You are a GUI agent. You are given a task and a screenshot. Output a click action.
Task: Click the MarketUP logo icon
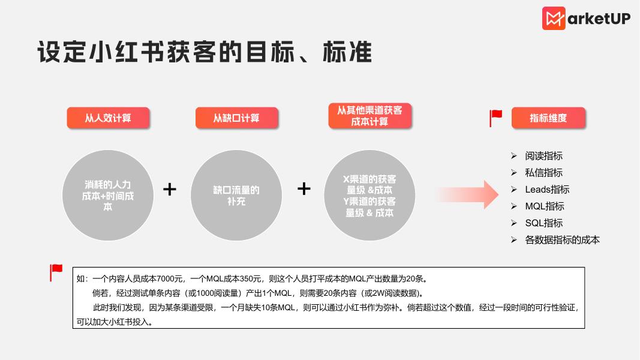[554, 19]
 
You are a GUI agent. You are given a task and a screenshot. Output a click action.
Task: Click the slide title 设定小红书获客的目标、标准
[205, 52]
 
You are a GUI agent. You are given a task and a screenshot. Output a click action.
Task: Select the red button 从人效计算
[108, 118]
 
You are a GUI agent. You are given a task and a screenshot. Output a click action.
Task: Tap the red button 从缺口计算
[236, 118]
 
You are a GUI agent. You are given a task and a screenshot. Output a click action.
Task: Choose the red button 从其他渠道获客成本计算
[369, 116]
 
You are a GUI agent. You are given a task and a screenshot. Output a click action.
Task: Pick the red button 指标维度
[548, 118]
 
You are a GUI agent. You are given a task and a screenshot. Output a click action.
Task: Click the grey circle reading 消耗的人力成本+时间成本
[108, 194]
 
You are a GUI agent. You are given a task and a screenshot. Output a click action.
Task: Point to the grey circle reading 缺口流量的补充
[236, 194]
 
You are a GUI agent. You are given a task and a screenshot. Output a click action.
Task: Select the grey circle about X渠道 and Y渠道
[369, 194]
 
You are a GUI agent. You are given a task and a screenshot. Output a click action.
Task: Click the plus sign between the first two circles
[170, 190]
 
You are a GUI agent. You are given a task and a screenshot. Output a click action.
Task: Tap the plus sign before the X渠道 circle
[304, 189]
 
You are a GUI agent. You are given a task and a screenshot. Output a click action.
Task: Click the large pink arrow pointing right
[468, 194]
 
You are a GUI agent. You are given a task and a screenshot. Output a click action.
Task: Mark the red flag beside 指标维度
[496, 118]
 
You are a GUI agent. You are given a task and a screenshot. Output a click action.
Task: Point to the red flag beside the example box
[56, 272]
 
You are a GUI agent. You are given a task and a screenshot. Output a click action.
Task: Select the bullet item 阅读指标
[543, 156]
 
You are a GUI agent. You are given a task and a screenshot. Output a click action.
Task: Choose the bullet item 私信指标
[543, 173]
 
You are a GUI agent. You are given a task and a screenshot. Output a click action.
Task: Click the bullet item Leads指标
[547, 190]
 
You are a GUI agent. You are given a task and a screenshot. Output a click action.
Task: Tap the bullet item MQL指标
[545, 206]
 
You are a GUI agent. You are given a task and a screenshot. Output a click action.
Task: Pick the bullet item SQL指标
[543, 223]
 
